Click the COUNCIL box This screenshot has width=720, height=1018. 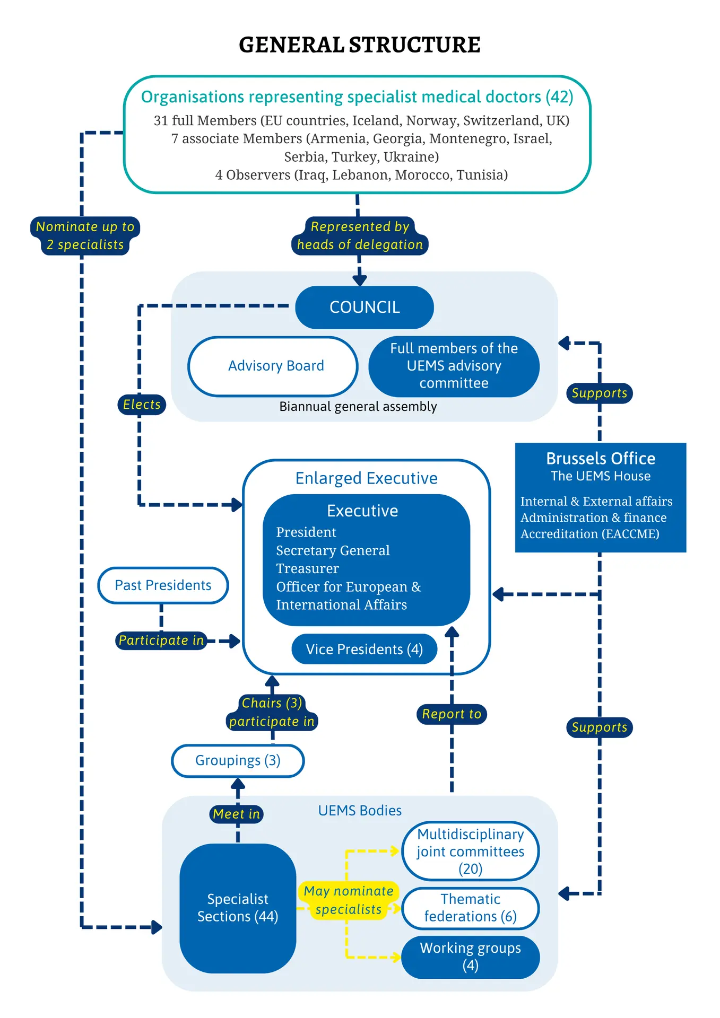(365, 308)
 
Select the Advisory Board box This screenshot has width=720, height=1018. (273, 366)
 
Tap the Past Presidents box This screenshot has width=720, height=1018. (163, 585)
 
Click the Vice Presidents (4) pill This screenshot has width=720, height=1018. (365, 649)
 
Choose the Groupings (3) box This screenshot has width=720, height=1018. (238, 761)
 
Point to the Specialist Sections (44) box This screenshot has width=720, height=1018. (238, 908)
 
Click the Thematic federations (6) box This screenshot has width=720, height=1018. (471, 908)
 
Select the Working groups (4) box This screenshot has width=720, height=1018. (471, 957)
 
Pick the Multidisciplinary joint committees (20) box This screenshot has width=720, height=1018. (471, 851)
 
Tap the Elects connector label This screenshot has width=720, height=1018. (142, 405)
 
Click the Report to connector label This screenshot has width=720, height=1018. (452, 714)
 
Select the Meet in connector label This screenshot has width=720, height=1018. (237, 814)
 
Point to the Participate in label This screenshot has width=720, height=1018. (161, 640)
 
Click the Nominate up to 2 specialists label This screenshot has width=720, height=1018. (85, 236)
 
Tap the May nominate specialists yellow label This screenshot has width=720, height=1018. (349, 900)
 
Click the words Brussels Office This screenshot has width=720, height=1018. (601, 459)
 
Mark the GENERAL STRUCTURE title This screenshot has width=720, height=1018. (360, 45)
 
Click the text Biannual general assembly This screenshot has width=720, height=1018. (358, 407)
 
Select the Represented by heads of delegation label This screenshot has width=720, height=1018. (360, 236)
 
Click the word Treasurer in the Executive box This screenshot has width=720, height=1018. (307, 568)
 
